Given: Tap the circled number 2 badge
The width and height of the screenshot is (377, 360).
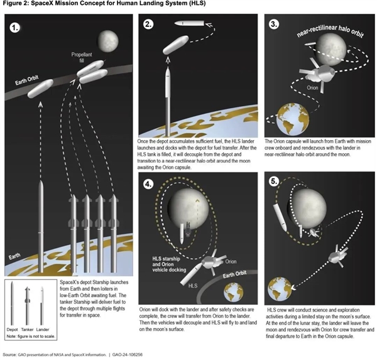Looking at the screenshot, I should (x=148, y=25).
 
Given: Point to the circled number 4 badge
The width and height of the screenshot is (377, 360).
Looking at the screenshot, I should (x=148, y=185).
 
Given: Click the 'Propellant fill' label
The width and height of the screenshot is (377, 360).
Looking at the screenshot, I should (x=83, y=60).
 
